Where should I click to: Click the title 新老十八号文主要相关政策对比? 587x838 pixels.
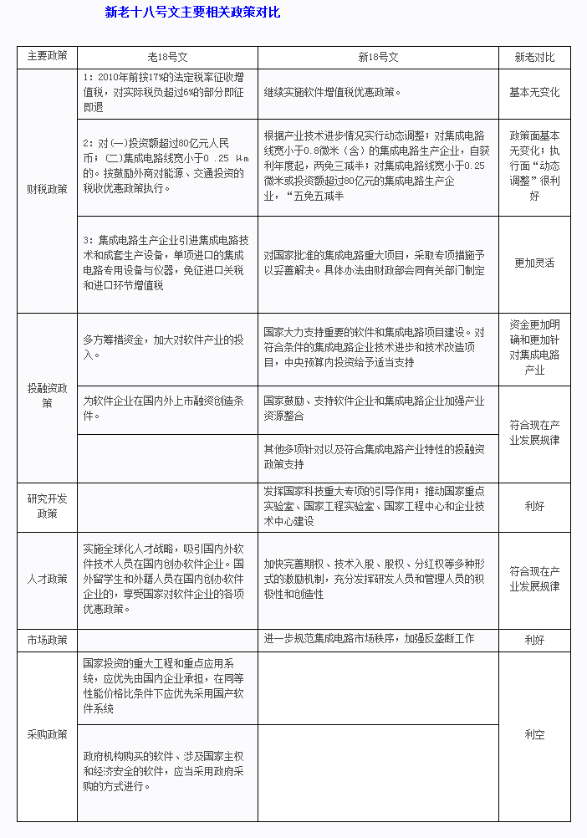click(192, 13)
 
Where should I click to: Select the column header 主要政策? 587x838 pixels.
click(47, 57)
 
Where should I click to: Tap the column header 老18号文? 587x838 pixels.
click(167, 57)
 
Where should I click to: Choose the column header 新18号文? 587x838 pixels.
click(378, 57)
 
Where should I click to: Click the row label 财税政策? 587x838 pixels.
click(47, 189)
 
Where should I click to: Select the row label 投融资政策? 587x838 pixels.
click(47, 396)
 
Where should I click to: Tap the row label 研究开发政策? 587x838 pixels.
click(47, 506)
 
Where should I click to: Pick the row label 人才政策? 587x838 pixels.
click(47, 579)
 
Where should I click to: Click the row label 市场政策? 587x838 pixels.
click(47, 640)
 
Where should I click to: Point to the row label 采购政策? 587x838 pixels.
click(47, 734)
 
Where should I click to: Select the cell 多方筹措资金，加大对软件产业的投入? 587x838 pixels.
click(164, 347)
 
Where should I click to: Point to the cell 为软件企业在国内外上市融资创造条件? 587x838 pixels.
click(164, 401)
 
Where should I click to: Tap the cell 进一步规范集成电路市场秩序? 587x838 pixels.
click(369, 639)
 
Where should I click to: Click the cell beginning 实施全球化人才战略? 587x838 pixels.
click(164, 579)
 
